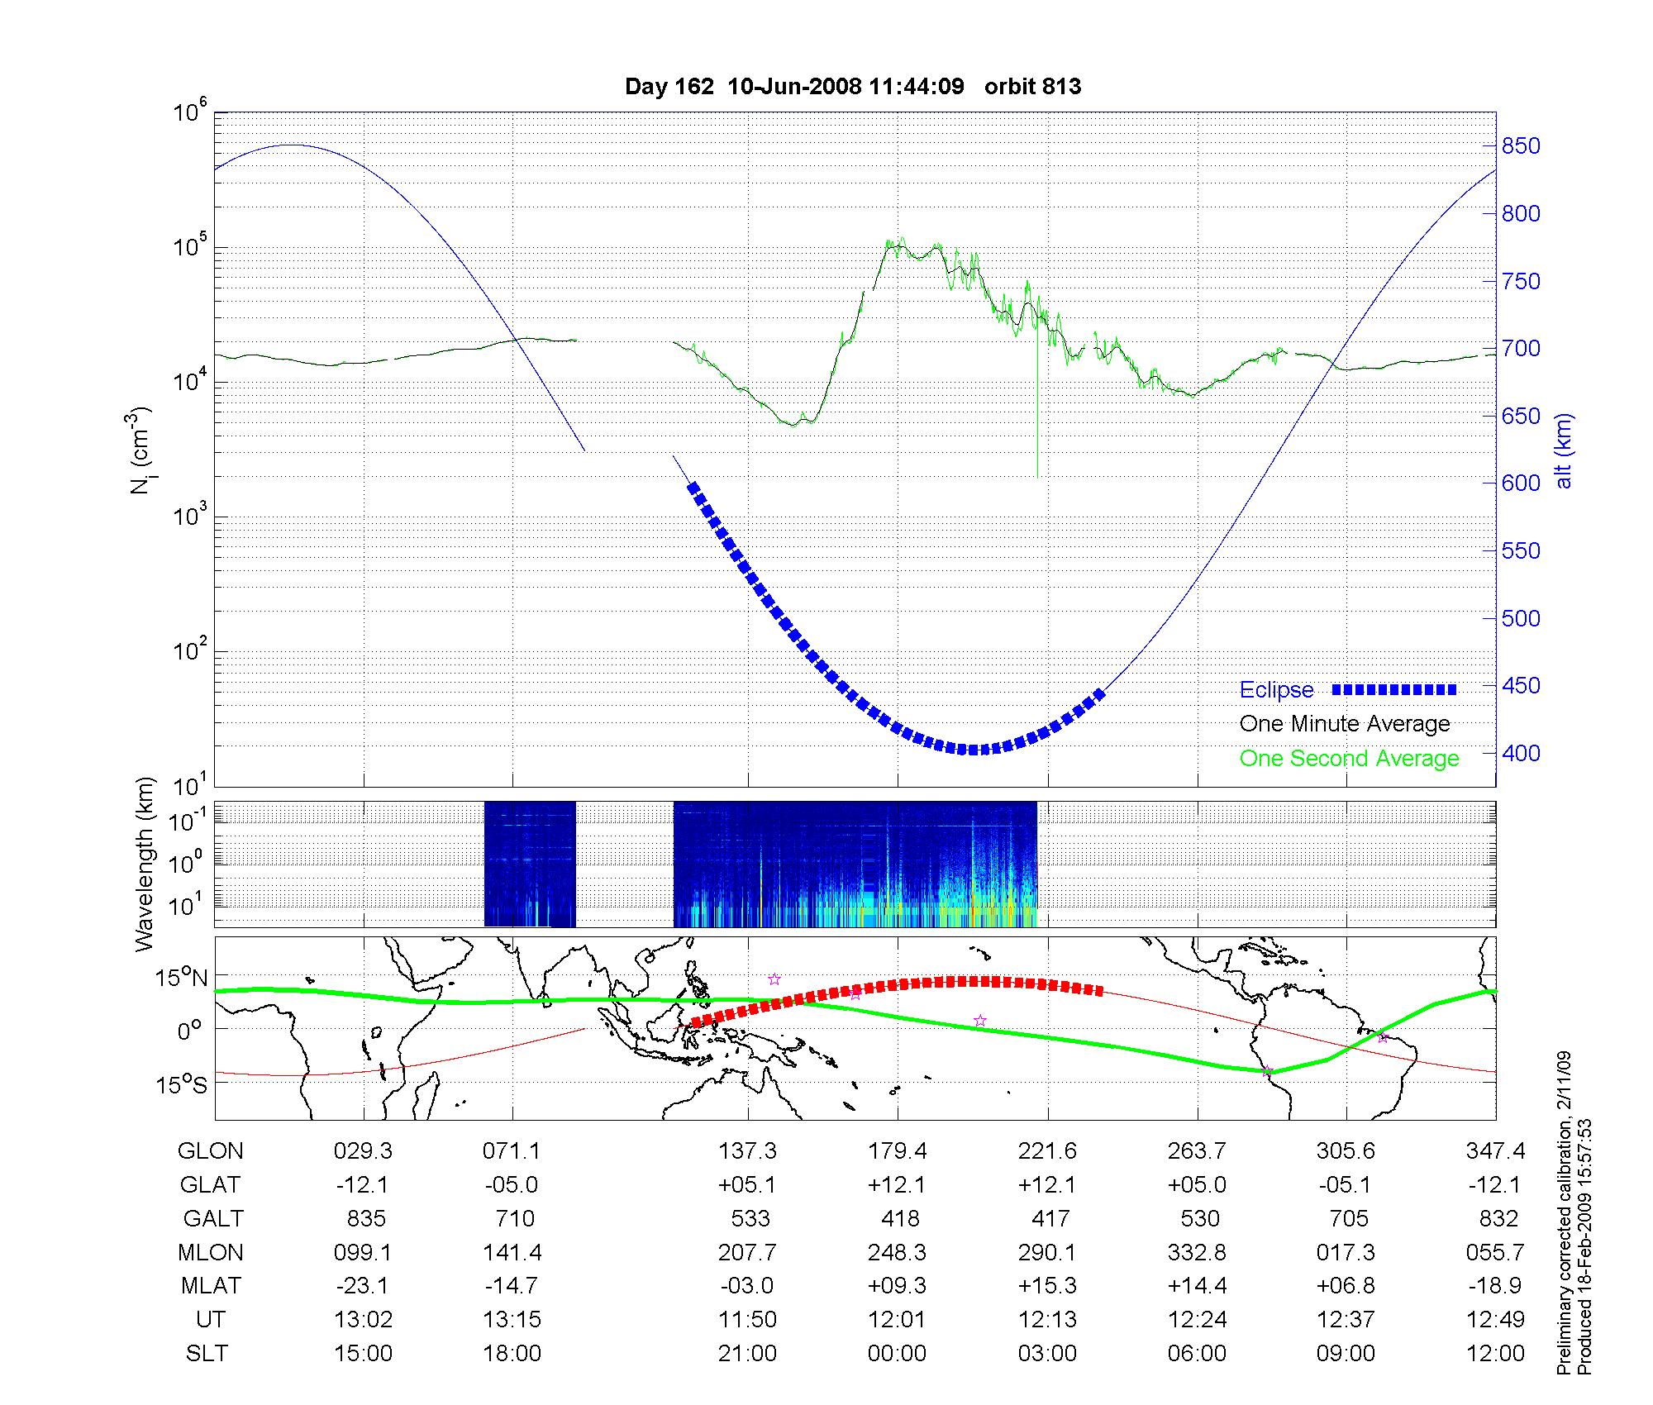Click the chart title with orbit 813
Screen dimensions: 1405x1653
coord(853,87)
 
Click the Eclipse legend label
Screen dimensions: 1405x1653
coord(1276,690)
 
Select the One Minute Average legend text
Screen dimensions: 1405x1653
coord(1345,724)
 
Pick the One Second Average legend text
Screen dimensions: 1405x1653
coord(1349,759)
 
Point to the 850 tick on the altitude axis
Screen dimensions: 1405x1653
coord(1521,146)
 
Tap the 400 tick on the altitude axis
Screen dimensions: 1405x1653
coord(1521,753)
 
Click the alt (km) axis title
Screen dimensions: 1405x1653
coord(1564,450)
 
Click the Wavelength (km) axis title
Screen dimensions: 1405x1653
coord(145,864)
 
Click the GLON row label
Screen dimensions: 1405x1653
coord(211,1151)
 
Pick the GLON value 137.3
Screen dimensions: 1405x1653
coord(747,1151)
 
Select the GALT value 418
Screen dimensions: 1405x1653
coord(899,1219)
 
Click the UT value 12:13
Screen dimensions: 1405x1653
coord(1048,1320)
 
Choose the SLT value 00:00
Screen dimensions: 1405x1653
coord(897,1354)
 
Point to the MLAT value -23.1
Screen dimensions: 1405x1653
coord(363,1286)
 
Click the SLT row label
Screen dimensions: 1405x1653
coord(207,1354)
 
